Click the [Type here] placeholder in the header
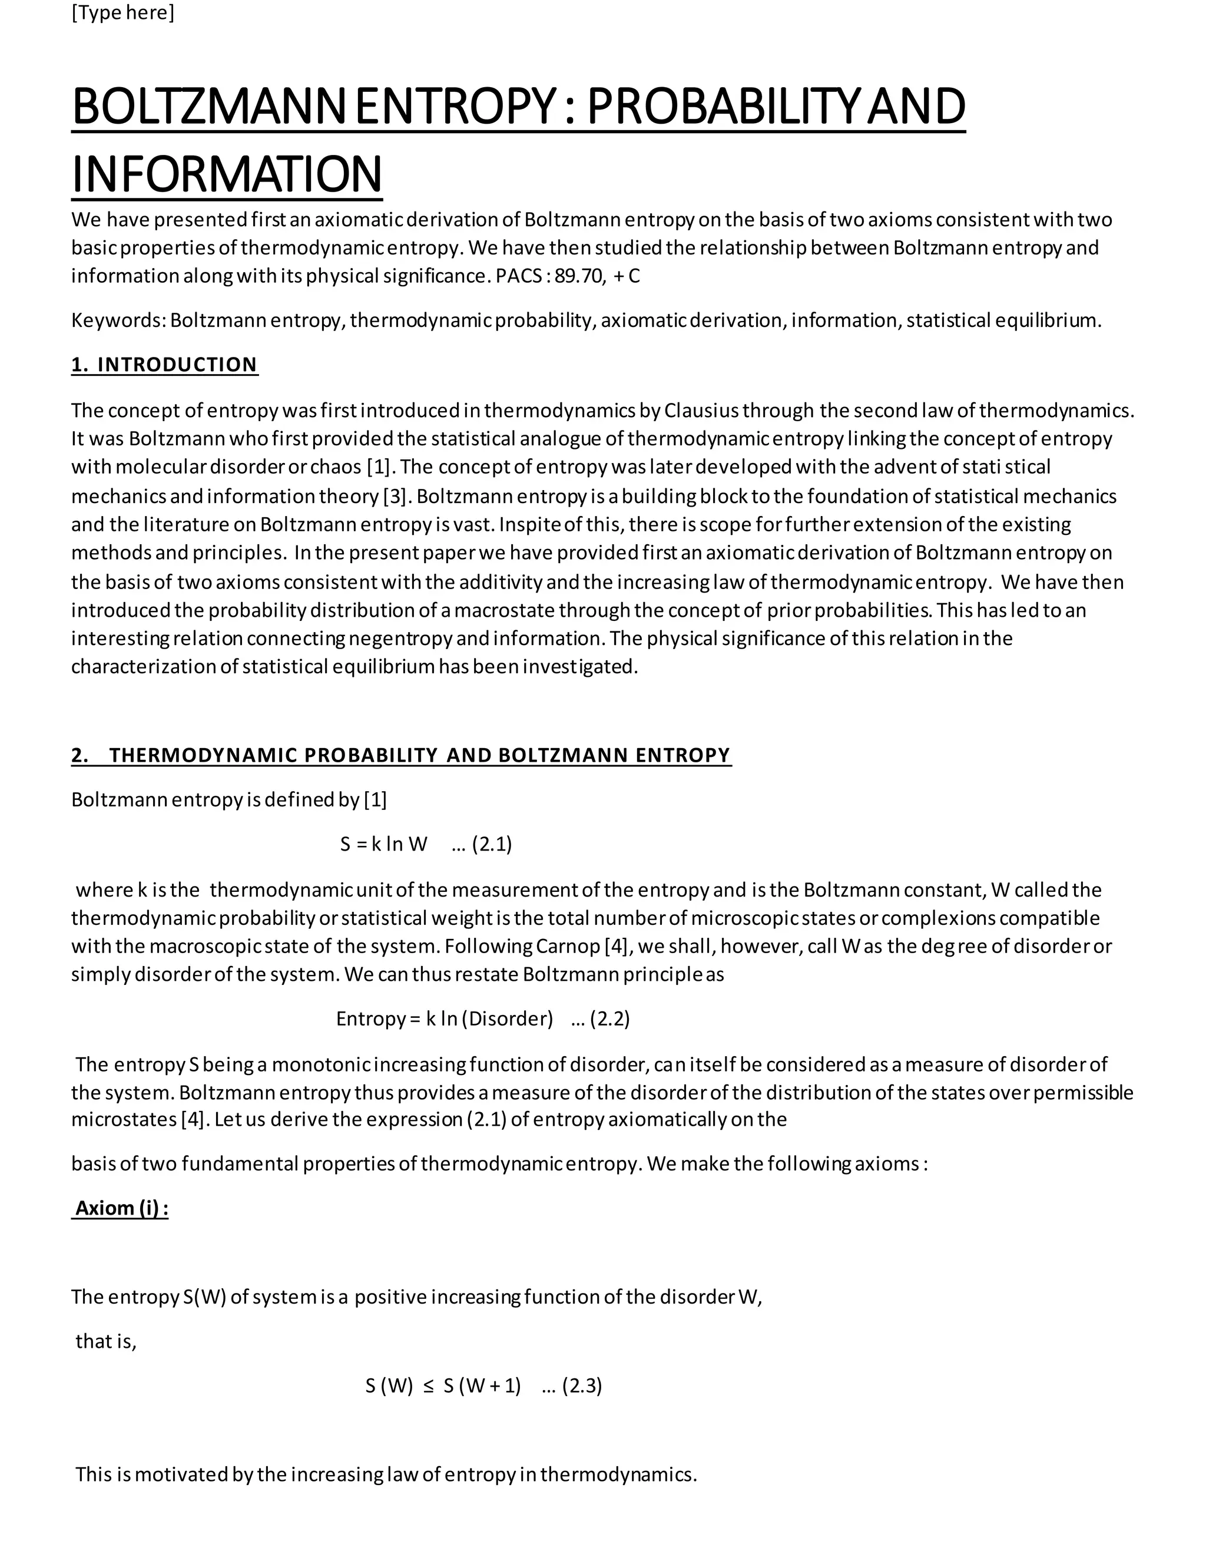[x=122, y=13]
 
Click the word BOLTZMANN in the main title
[x=208, y=107]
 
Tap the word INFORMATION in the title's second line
[x=227, y=174]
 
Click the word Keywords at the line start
[x=118, y=320]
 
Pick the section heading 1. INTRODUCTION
[x=164, y=365]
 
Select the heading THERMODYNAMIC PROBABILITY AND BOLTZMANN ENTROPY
[x=419, y=756]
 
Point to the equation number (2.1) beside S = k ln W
[x=492, y=845]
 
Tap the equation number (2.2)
[x=609, y=1019]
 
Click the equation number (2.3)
[x=582, y=1387]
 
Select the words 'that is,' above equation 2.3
[x=106, y=1341]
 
